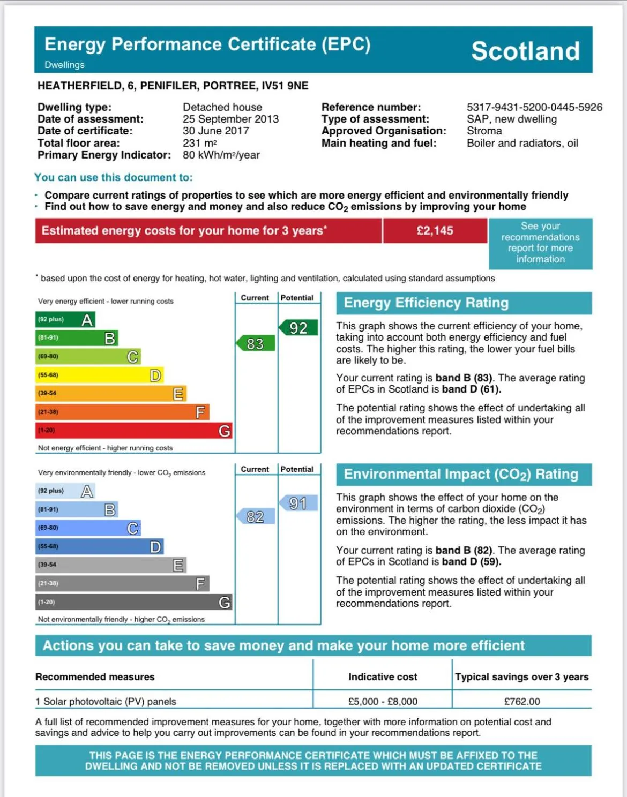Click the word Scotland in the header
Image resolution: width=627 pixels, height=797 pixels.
click(525, 51)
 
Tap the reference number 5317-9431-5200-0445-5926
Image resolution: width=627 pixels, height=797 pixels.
click(534, 107)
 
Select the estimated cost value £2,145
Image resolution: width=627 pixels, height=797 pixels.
click(435, 231)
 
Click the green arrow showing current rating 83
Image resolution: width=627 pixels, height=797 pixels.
click(256, 343)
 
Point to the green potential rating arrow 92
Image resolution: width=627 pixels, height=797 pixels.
click(298, 328)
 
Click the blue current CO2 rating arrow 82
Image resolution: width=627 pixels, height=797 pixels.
click(256, 516)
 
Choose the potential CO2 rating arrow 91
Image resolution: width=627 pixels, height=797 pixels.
click(298, 503)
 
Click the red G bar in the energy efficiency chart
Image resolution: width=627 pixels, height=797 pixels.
click(133, 431)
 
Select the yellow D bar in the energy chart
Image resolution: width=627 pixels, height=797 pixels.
click(99, 375)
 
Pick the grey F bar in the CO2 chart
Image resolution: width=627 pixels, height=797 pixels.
click(122, 583)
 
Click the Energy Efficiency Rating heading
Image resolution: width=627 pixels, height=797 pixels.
click(426, 303)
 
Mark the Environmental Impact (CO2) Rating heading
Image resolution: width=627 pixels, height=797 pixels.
click(461, 475)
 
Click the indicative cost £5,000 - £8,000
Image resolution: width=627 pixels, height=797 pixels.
click(383, 701)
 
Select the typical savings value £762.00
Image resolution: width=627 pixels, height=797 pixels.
click(522, 701)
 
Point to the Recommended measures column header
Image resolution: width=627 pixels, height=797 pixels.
click(95, 677)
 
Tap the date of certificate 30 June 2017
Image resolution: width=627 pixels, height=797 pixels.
click(215, 131)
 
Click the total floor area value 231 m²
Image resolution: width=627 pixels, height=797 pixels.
click(199, 143)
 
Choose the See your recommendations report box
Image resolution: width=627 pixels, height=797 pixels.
click(540, 243)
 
